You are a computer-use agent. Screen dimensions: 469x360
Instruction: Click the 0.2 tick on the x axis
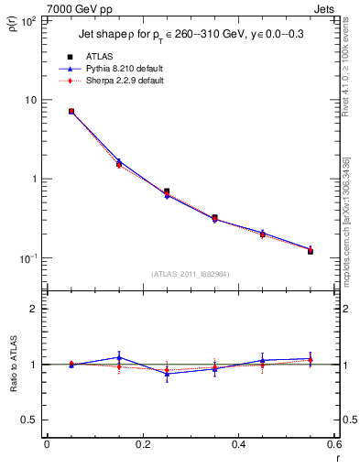pos(143,445)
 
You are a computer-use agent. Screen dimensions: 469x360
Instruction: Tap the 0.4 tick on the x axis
pos(239,445)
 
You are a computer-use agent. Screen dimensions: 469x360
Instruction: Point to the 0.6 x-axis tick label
pos(334,445)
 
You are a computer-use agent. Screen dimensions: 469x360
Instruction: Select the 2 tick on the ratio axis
pos(34,309)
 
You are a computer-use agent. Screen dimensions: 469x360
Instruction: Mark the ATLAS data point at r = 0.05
pos(71,112)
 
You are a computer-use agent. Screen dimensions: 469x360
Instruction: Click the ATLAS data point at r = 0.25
pos(167,192)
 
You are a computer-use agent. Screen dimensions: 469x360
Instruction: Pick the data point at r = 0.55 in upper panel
pos(311,250)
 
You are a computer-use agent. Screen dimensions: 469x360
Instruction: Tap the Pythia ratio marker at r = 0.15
pos(119,357)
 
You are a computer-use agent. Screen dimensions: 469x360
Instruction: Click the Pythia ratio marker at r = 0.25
pos(167,374)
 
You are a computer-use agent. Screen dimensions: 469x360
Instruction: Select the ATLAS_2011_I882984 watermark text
pos(191,273)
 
